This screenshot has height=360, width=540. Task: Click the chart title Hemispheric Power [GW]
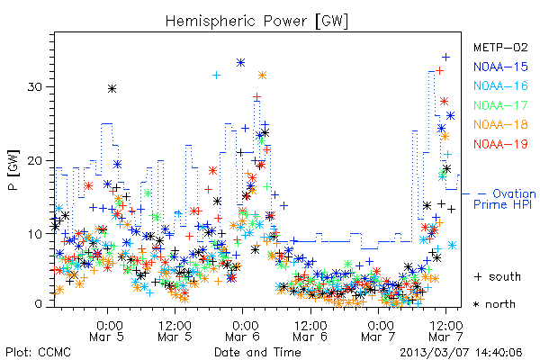(x=256, y=22)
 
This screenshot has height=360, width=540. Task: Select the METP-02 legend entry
(x=500, y=47)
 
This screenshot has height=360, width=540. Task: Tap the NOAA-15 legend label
(x=500, y=67)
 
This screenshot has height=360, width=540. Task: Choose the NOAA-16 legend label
(x=500, y=85)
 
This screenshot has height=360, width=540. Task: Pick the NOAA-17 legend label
(x=500, y=105)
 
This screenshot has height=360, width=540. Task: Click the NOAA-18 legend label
(x=500, y=124)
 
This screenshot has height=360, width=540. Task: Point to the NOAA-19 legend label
(x=500, y=144)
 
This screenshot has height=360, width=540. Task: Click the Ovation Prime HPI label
(x=504, y=199)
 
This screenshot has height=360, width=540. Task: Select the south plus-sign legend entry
(x=497, y=276)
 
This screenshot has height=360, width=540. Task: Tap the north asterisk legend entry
(x=494, y=304)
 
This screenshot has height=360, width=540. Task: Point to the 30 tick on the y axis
(x=34, y=86)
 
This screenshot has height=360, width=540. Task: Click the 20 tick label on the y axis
(x=34, y=161)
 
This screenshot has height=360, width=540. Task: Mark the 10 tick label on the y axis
(x=34, y=235)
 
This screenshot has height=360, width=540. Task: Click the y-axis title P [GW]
(x=13, y=170)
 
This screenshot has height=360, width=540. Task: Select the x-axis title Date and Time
(x=257, y=352)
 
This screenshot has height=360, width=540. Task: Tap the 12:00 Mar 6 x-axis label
(x=310, y=330)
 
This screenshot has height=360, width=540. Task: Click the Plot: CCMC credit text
(x=38, y=352)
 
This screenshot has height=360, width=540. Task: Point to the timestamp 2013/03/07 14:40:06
(x=461, y=353)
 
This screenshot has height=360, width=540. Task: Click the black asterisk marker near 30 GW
(x=112, y=89)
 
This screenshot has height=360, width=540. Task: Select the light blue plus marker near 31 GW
(x=216, y=75)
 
